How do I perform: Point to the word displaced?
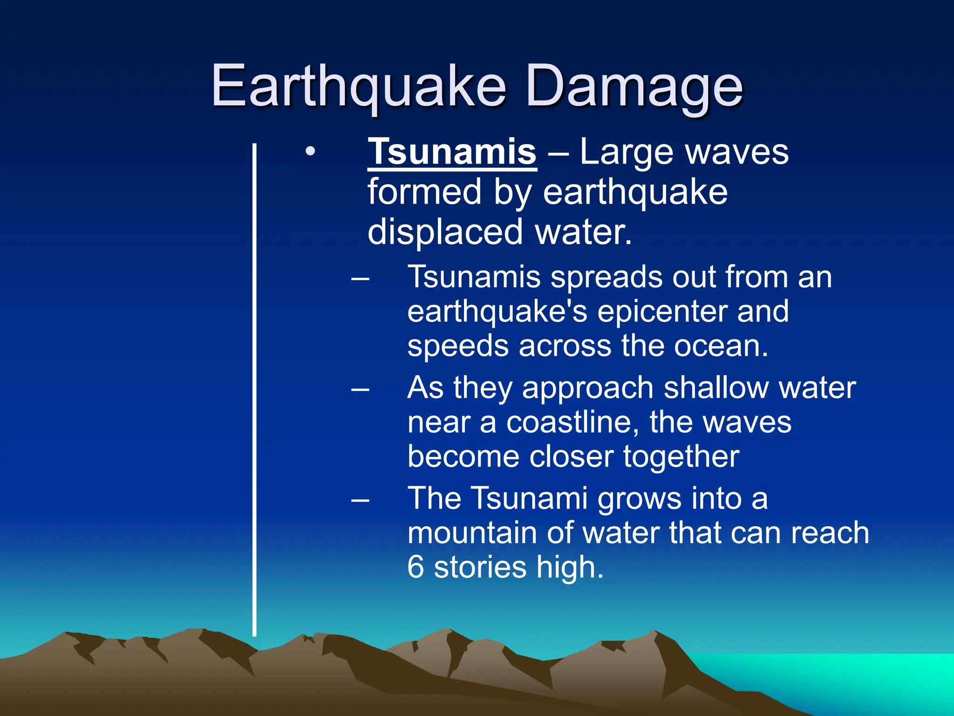pos(445,232)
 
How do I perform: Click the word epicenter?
pos(661,311)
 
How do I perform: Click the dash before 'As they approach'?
pos(360,389)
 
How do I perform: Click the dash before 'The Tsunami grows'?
pos(360,500)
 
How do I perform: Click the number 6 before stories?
pos(416,567)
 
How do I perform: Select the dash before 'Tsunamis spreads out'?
pos(360,279)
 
